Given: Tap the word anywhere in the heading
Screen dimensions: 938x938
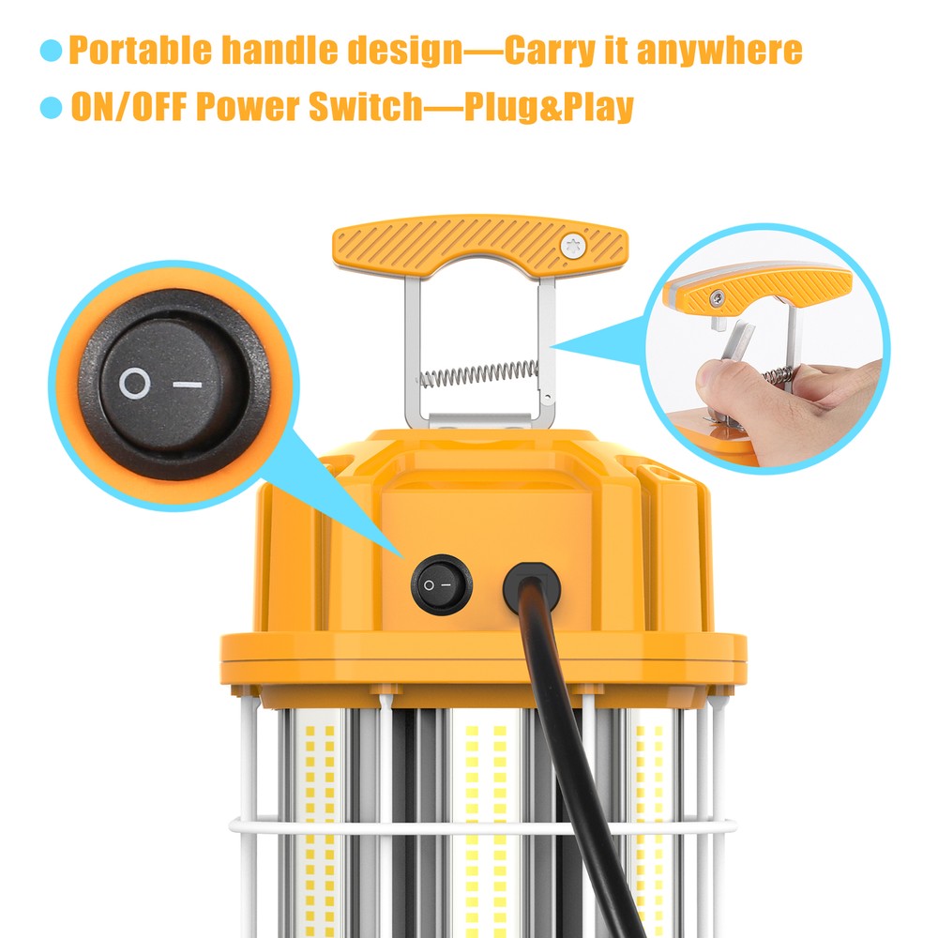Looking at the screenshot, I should tap(719, 50).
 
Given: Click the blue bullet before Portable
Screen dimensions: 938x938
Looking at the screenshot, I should tap(51, 51).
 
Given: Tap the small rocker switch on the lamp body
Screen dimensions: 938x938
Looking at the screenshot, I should tap(441, 584).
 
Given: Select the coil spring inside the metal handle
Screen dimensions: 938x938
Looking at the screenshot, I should tap(479, 373).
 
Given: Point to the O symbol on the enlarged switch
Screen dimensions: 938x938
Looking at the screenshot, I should tap(134, 383).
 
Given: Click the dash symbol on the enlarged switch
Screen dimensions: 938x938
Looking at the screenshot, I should tap(189, 384).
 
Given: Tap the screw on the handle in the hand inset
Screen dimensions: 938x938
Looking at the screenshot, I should tap(716, 297).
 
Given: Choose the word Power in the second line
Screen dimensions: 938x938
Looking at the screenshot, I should tap(246, 107).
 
